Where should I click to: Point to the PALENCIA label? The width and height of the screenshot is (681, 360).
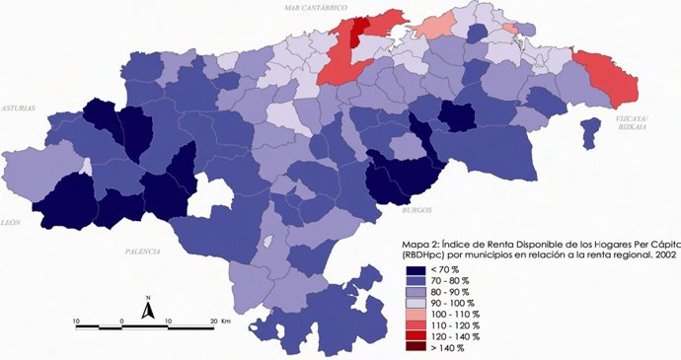point(143,252)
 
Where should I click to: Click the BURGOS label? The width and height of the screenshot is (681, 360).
point(418,210)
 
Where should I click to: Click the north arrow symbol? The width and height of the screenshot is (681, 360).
point(146,309)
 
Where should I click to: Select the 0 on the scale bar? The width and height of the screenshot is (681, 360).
point(121,322)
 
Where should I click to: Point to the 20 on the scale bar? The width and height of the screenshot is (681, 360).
point(213,322)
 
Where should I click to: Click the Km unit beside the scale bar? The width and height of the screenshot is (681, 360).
point(226,322)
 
